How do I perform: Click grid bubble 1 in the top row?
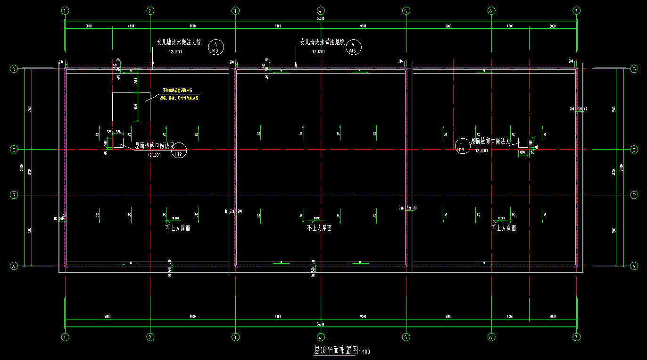coord(65,10)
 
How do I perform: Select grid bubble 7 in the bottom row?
coord(576,337)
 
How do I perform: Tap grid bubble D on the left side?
coord(14,69)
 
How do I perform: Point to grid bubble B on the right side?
coord(634,195)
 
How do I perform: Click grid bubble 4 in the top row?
coord(321,10)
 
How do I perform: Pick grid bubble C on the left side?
coord(14,150)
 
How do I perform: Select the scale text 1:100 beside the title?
coord(365,352)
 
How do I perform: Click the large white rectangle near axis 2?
coord(131,107)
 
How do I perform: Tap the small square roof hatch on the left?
coord(118,142)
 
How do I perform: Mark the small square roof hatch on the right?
coord(523,142)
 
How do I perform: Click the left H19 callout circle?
coord(179,151)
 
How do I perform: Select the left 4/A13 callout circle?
coord(215,46)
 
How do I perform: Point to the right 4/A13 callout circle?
coord(353,47)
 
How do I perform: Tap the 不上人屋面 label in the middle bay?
coord(319,228)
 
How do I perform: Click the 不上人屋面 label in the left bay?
coord(178,228)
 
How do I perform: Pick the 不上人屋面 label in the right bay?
coord(504,228)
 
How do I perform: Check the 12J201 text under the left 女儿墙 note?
coord(176,51)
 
